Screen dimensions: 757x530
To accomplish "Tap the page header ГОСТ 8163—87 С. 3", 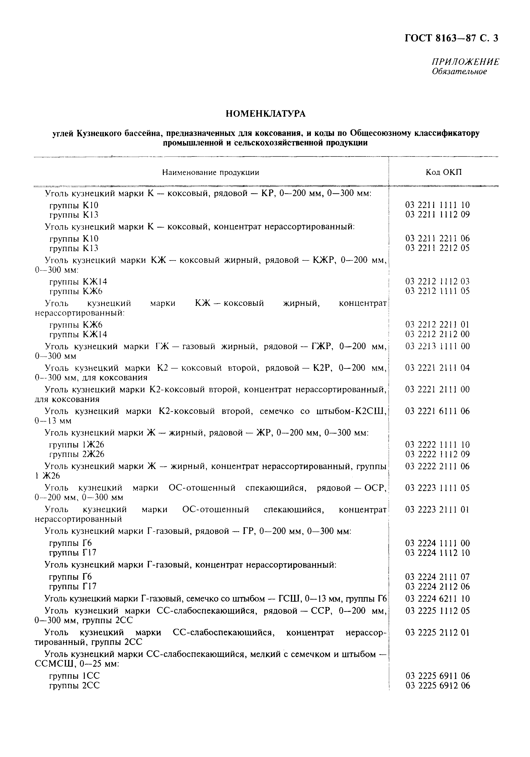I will [x=451, y=39].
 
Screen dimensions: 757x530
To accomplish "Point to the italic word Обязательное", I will [x=459, y=72].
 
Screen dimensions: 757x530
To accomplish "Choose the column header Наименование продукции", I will [x=211, y=172].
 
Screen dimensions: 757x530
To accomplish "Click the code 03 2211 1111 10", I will [x=437, y=205].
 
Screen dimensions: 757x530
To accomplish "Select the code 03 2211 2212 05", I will [x=437, y=248].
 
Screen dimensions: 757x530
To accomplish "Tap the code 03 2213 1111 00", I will [x=437, y=346].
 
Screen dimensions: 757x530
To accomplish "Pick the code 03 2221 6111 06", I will [x=437, y=411].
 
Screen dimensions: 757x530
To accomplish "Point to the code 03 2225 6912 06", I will [x=437, y=685].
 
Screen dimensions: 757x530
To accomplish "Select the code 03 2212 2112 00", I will [x=437, y=334].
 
